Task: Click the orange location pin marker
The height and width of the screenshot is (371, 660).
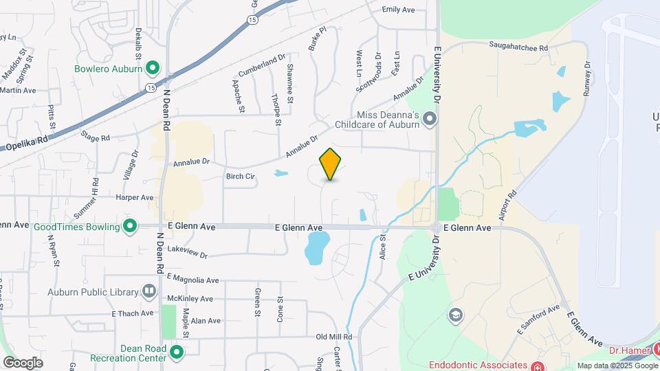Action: [x=331, y=164]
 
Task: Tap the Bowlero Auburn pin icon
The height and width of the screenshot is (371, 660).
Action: [x=153, y=68]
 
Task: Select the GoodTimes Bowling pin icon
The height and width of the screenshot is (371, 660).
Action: [x=130, y=225]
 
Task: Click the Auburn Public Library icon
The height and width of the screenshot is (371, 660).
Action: [x=149, y=291]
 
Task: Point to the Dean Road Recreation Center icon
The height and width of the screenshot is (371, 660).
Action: [x=177, y=353]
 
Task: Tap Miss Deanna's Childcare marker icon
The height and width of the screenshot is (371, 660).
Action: [x=430, y=120]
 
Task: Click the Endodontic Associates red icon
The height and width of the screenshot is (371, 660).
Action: [x=537, y=365]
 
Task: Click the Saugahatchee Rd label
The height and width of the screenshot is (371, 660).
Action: [x=518, y=49]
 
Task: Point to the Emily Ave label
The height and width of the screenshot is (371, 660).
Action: [x=399, y=10]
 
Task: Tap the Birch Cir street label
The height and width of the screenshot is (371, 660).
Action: [x=241, y=177]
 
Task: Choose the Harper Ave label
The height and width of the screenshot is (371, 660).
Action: [x=135, y=197]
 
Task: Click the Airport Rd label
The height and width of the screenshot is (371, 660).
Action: [x=507, y=201]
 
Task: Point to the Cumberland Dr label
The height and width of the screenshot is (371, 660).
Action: [x=261, y=66]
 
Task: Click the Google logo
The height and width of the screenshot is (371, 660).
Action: [x=23, y=362]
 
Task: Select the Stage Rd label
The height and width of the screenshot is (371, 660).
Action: [x=95, y=138]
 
